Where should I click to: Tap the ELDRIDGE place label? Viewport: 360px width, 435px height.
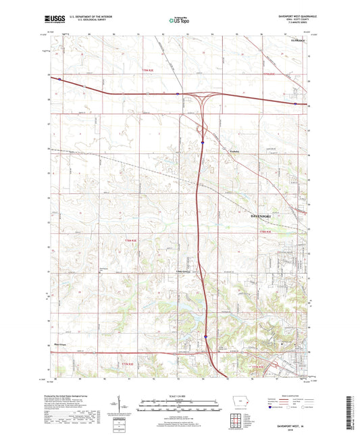pyautogui.click(x=298, y=41)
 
